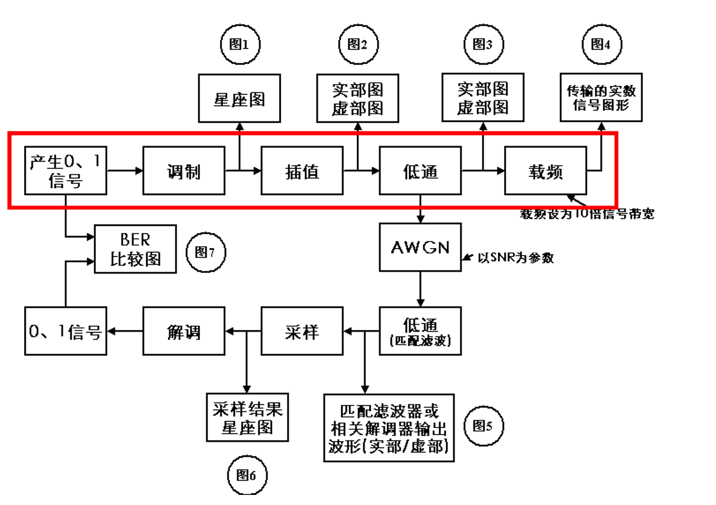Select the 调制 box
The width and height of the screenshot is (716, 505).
pos(183,171)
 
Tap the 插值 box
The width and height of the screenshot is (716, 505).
pos(302,171)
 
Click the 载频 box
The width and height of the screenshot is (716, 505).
pos(545,171)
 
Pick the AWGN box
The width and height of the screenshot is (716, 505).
pos(420,246)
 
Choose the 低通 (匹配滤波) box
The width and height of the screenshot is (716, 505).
pos(420,330)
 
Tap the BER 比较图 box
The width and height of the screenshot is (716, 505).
pos(136,249)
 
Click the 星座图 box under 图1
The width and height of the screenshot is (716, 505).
pos(239,98)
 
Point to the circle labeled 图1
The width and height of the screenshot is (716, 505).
pos(240,44)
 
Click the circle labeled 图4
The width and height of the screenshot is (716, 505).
pos(601,44)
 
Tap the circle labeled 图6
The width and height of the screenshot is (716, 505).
pos(247,475)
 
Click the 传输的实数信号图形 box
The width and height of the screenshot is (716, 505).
pos(601,98)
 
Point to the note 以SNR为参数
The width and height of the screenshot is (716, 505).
pos(515,258)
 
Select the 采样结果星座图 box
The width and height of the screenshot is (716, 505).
pos(247,418)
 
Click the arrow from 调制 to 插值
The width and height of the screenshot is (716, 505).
pos(243,171)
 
